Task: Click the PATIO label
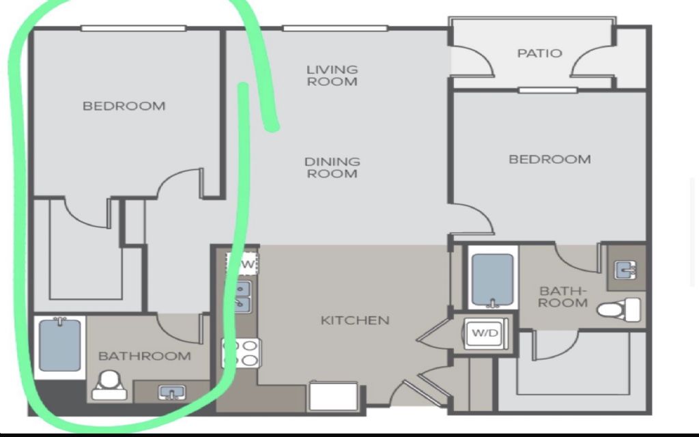point(539,53)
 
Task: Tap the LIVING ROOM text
point(332,75)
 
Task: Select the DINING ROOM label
point(332,168)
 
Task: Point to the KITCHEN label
point(355,320)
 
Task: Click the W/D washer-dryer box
point(485,333)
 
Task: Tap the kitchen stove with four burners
point(241,353)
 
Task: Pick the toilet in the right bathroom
point(618,309)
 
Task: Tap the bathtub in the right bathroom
point(493,280)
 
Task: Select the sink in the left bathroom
point(172,393)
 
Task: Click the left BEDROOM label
point(124,106)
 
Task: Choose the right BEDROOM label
point(550,159)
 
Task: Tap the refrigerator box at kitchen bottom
point(333,396)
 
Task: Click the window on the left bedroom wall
point(133,29)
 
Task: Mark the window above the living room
point(335,29)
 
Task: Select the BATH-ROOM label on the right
point(562,297)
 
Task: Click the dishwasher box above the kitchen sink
point(243,264)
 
